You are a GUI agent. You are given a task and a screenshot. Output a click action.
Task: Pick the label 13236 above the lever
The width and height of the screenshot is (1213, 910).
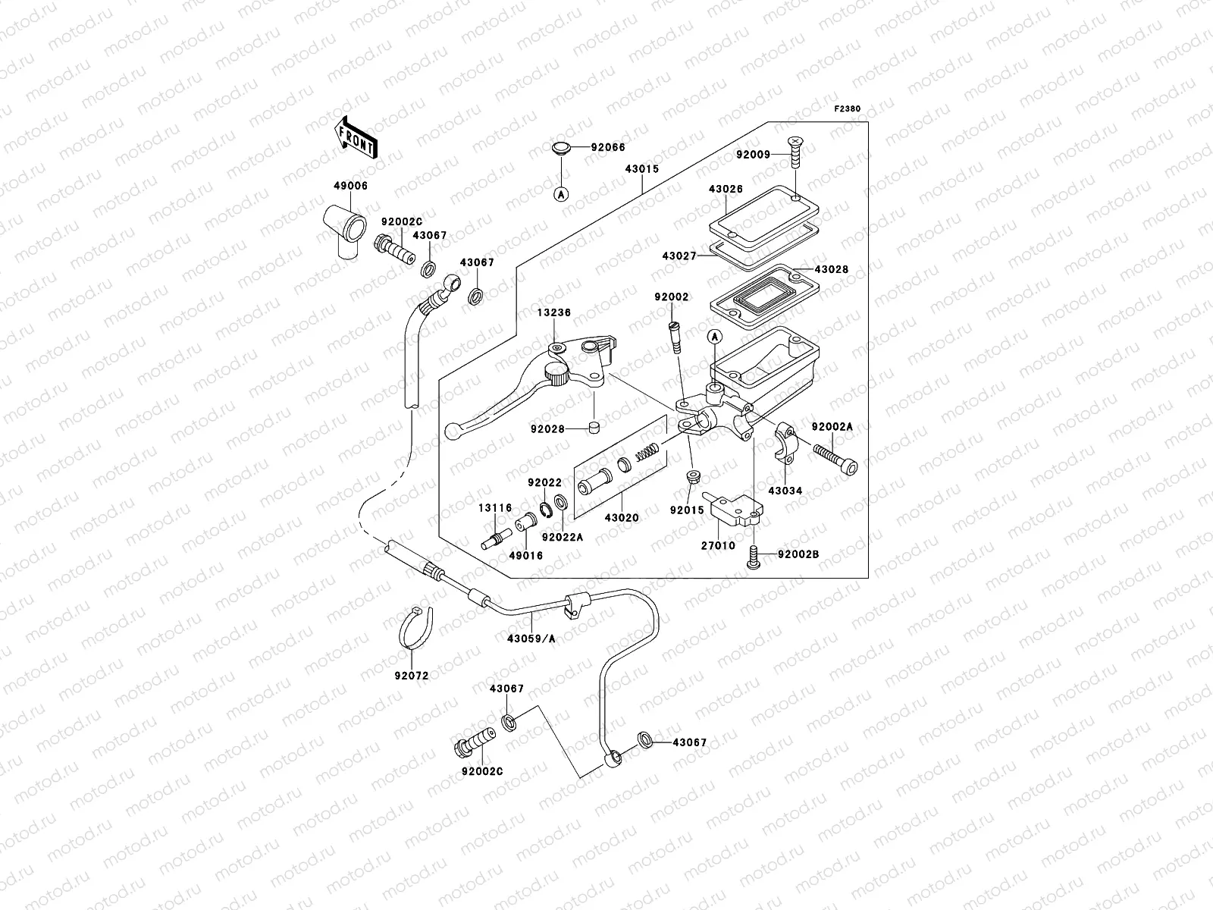pos(554,312)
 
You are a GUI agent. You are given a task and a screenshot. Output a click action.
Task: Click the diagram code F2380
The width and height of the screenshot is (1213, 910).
pos(848,109)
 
